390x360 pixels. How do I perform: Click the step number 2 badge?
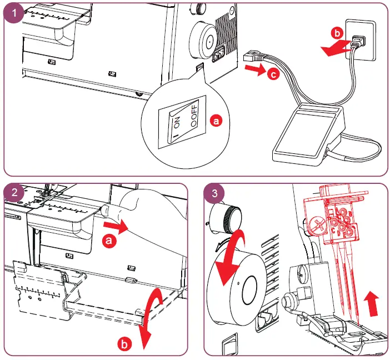[x=14, y=194]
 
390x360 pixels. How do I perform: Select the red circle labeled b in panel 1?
[x=337, y=32]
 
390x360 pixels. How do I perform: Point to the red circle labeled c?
[x=272, y=74]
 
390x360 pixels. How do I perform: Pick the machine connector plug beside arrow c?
[x=253, y=55]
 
